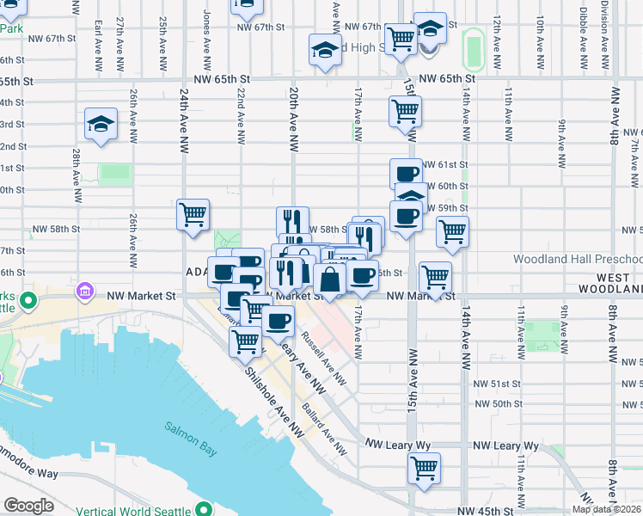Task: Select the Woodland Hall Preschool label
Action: (578, 259)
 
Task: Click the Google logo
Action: (28, 506)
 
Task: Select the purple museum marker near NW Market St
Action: (84, 293)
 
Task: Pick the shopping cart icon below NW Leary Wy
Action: (424, 469)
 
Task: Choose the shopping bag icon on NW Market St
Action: (329, 279)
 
